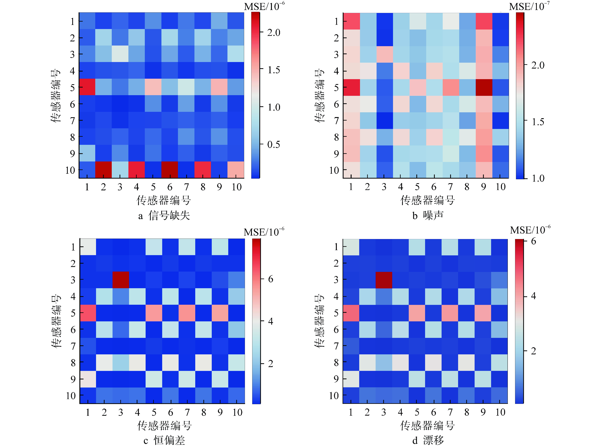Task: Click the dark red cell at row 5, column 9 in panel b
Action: coord(484,87)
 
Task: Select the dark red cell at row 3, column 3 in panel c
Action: coord(121,280)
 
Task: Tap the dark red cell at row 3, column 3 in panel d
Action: coord(384,280)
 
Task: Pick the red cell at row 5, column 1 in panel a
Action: coord(87,87)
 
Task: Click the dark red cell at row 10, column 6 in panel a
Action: coord(170,170)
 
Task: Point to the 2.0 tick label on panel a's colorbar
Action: coord(273,33)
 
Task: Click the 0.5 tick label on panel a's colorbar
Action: coord(273,145)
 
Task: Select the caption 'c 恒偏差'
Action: coord(164,440)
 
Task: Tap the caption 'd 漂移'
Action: coord(428,440)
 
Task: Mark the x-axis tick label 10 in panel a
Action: coord(236,187)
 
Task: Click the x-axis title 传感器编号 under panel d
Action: coord(427,425)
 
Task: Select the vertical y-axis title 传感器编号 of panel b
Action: coord(320,95)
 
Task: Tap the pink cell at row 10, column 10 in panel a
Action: coord(236,170)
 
